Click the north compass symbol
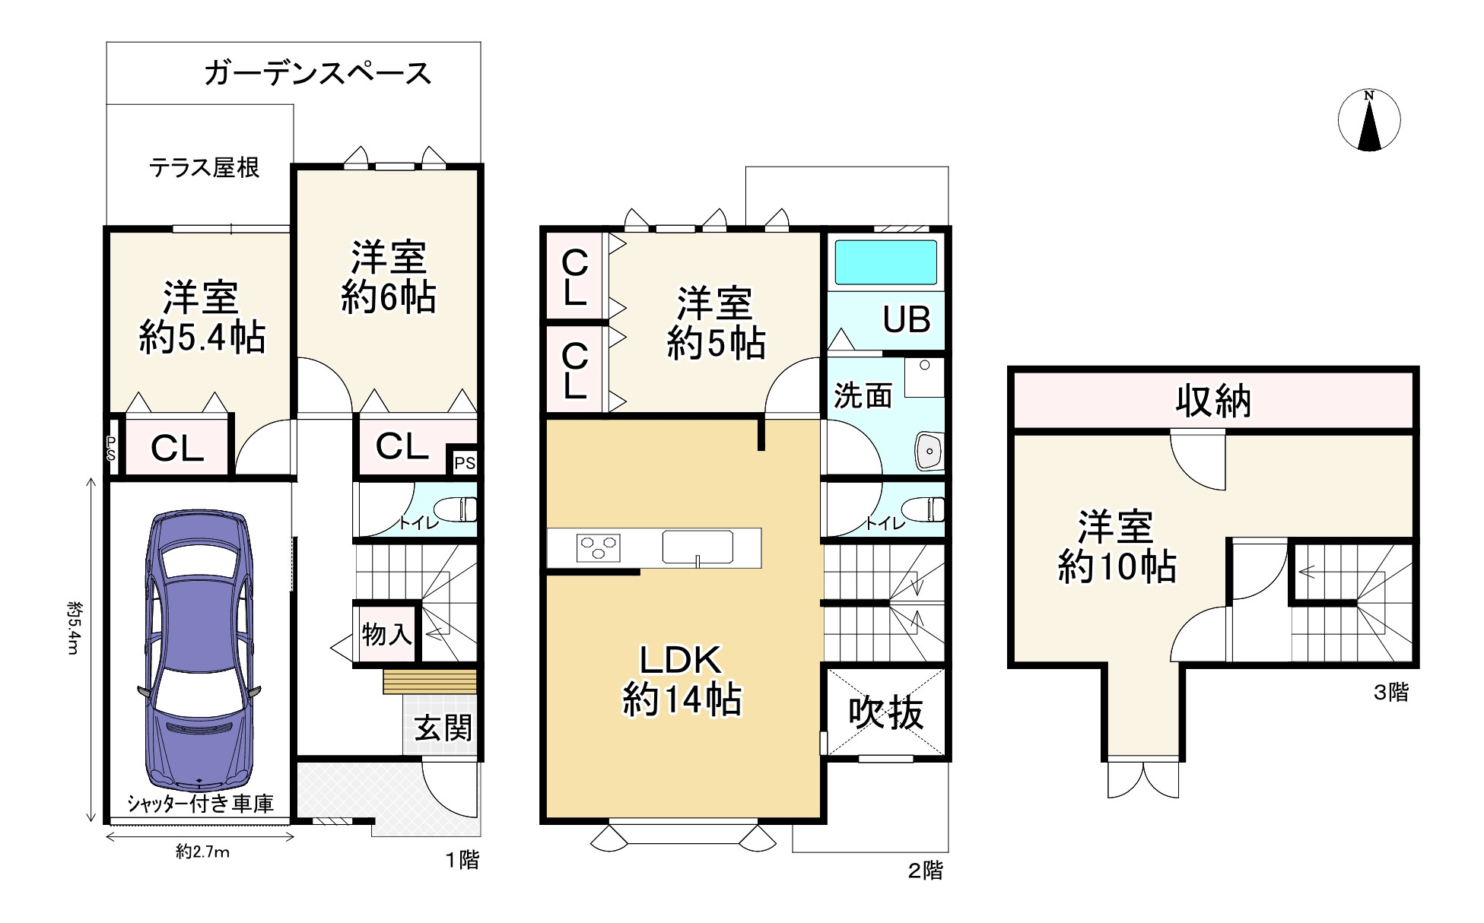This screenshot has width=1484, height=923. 1369,120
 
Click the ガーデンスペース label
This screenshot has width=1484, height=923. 317,74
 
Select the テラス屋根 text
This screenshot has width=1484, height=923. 204,167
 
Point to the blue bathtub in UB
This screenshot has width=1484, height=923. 885,262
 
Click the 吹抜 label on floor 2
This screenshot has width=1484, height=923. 886,712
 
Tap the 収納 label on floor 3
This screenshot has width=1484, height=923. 1213,401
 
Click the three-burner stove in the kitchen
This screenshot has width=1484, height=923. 598,547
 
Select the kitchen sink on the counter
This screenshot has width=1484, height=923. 698,546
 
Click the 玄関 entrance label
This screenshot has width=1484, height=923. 443,728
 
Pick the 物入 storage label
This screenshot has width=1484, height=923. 386,633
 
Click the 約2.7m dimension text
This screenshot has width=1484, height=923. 202,852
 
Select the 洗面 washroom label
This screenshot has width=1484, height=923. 863,396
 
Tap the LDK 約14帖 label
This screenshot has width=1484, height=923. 681,680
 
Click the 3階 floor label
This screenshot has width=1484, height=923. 1390,693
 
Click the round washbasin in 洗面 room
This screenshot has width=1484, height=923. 929,452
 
